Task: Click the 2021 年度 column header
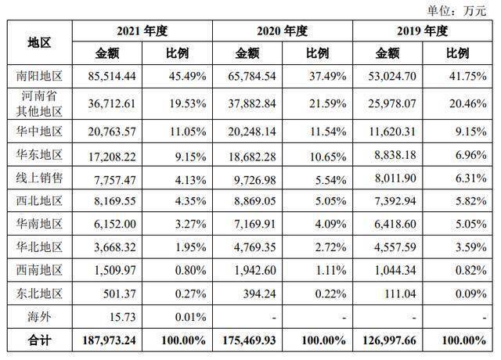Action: (x=142, y=31)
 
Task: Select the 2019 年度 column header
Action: (x=423, y=31)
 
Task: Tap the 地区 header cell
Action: (x=39, y=42)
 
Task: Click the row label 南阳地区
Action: (x=39, y=77)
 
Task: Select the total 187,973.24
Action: (x=106, y=342)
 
